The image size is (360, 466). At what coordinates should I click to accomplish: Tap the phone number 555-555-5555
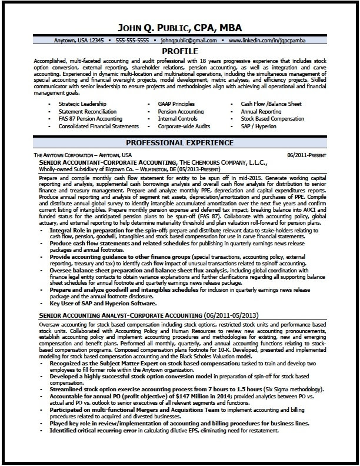pos(132,41)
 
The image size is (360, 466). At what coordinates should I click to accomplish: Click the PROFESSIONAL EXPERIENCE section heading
pos(179,143)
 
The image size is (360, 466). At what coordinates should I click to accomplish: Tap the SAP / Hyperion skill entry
pos(259,126)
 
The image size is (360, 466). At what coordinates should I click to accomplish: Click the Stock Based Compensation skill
pos(272,118)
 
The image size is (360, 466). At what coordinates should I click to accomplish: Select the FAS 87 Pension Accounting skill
pos(87,118)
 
